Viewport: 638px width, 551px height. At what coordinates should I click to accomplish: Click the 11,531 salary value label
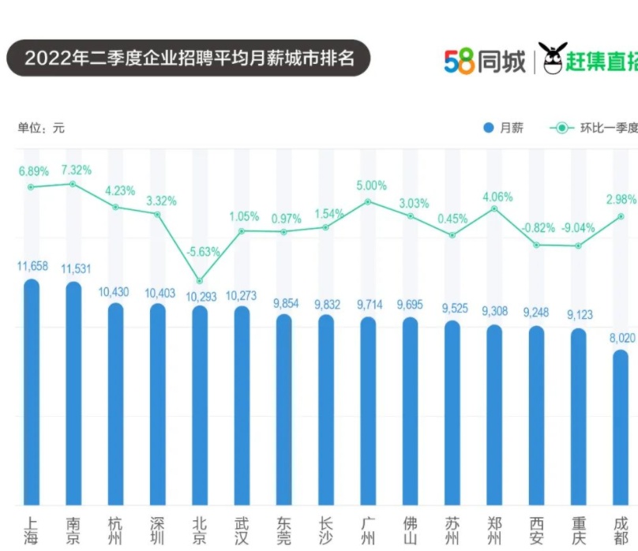(73, 267)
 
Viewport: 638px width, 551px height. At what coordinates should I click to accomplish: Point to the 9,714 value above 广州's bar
(368, 304)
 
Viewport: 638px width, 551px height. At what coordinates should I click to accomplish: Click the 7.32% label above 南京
(76, 170)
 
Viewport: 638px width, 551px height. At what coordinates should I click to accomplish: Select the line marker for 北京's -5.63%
(200, 281)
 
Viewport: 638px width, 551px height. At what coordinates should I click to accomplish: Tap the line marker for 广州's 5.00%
(368, 202)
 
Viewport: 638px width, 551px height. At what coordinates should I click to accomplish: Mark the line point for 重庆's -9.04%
(579, 246)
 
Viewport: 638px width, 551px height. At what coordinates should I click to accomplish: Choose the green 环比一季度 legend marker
(561, 128)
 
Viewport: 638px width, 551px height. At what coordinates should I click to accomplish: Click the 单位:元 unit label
(41, 128)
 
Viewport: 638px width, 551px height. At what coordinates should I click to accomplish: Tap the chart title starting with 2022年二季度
(188, 58)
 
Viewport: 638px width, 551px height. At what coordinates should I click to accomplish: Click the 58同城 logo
(484, 61)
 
